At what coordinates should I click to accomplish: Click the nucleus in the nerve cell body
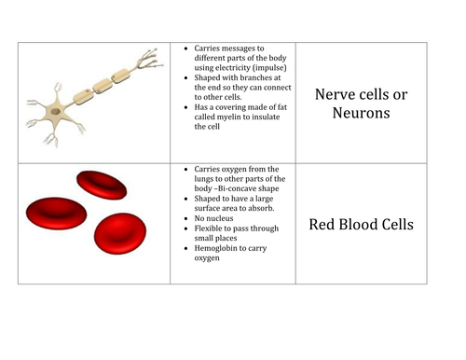coord(56,111)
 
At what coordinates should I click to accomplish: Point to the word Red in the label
coord(322,225)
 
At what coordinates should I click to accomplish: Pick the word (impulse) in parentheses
coord(272,67)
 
